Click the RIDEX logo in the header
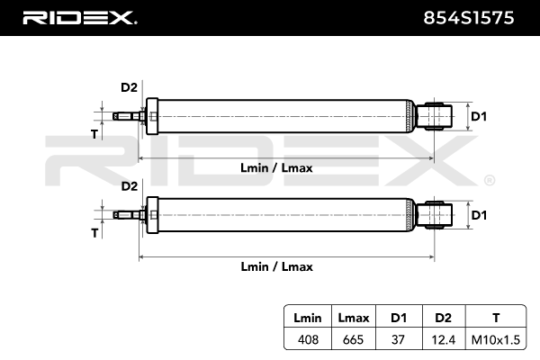tap(78, 17)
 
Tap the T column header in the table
tap(496, 317)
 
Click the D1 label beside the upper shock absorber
tap(479, 116)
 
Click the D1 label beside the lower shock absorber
tap(479, 215)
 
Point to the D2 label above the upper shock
tap(129, 87)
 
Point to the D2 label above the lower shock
tap(129, 186)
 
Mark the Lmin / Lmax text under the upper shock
tap(276, 167)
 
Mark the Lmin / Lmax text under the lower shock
tap(276, 266)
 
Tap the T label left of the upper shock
tap(94, 133)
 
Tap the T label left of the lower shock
tap(94, 232)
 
